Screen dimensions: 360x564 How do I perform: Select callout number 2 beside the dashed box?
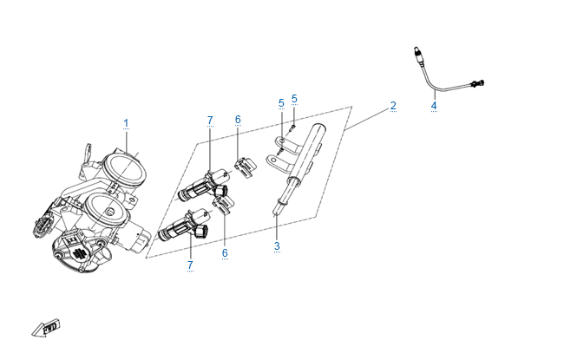click(393, 106)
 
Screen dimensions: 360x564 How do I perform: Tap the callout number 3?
click(277, 246)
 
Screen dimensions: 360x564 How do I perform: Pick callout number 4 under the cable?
click(434, 107)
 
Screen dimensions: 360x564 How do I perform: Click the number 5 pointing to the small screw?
click(294, 99)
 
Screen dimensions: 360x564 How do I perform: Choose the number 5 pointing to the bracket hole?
click(281, 103)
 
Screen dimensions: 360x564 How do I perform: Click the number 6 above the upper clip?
click(238, 119)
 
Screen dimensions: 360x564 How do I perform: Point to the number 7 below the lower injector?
click(189, 264)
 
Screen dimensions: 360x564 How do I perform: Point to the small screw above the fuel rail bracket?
click(292, 126)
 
